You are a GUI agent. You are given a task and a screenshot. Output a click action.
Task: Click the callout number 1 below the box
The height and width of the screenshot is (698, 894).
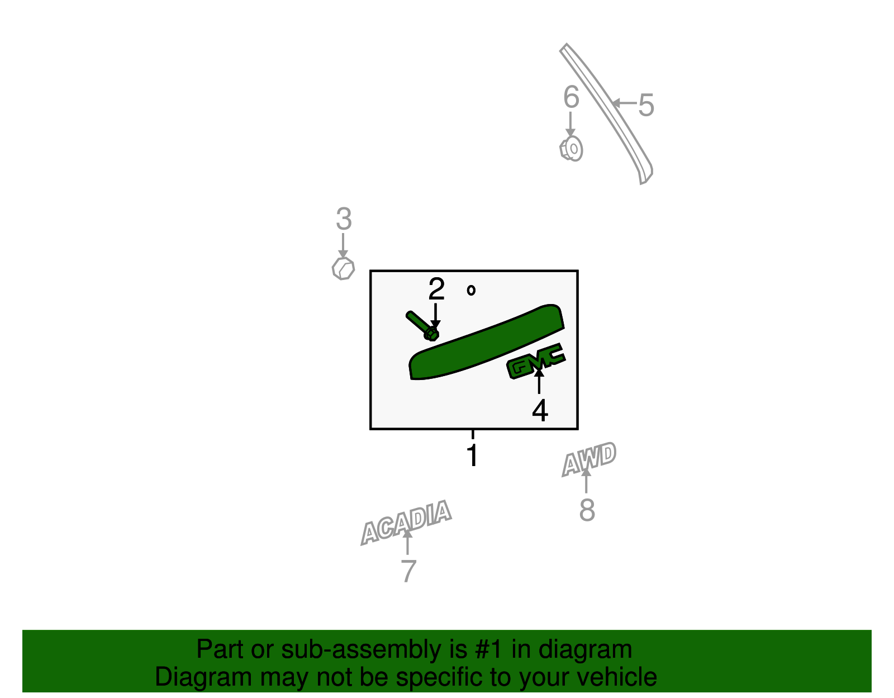tap(473, 455)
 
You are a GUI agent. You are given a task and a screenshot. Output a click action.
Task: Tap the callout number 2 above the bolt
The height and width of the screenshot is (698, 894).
tap(436, 288)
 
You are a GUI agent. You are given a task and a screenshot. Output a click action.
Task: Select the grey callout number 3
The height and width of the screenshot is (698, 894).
tap(344, 219)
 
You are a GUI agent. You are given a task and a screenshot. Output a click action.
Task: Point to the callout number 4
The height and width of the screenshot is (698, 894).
tap(540, 410)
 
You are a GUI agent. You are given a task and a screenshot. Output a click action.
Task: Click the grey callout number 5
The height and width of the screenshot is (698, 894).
tap(646, 105)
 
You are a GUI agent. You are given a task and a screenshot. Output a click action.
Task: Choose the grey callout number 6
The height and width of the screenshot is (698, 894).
tap(572, 97)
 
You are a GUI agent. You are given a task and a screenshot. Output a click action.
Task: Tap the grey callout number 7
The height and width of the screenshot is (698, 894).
tap(408, 571)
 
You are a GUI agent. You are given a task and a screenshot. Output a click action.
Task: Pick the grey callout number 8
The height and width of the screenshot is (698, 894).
tap(587, 510)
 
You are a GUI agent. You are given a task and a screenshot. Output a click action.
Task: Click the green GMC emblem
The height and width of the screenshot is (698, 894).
tap(536, 360)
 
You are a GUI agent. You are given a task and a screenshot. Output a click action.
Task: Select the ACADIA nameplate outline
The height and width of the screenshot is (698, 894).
tap(406, 523)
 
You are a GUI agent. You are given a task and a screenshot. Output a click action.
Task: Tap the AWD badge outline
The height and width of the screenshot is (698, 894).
tap(589, 459)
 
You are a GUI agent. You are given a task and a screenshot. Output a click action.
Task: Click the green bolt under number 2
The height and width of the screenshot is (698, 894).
tap(422, 326)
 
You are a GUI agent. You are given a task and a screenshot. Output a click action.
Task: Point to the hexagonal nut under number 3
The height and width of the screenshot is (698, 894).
tap(343, 269)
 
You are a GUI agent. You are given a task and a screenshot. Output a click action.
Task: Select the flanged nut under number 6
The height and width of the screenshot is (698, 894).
tap(572, 149)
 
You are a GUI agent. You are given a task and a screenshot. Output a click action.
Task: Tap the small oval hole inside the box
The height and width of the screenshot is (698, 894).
tap(471, 291)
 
